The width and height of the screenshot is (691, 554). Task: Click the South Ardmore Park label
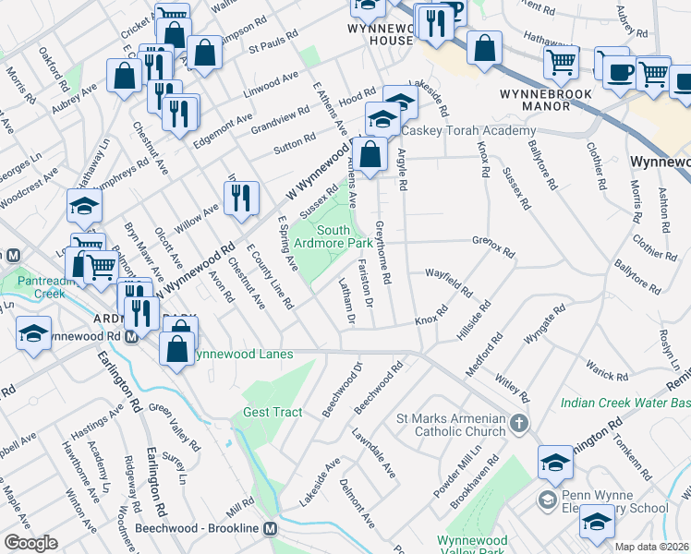point(345,235)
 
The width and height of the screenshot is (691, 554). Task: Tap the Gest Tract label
point(273,412)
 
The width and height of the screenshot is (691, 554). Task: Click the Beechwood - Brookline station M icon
point(271,529)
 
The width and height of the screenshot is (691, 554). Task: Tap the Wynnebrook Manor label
point(546,99)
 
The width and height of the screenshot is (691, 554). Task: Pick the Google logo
point(30,543)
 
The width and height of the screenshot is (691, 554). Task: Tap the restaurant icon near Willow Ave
point(238,200)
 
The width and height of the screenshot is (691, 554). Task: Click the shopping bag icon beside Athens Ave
point(370,155)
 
